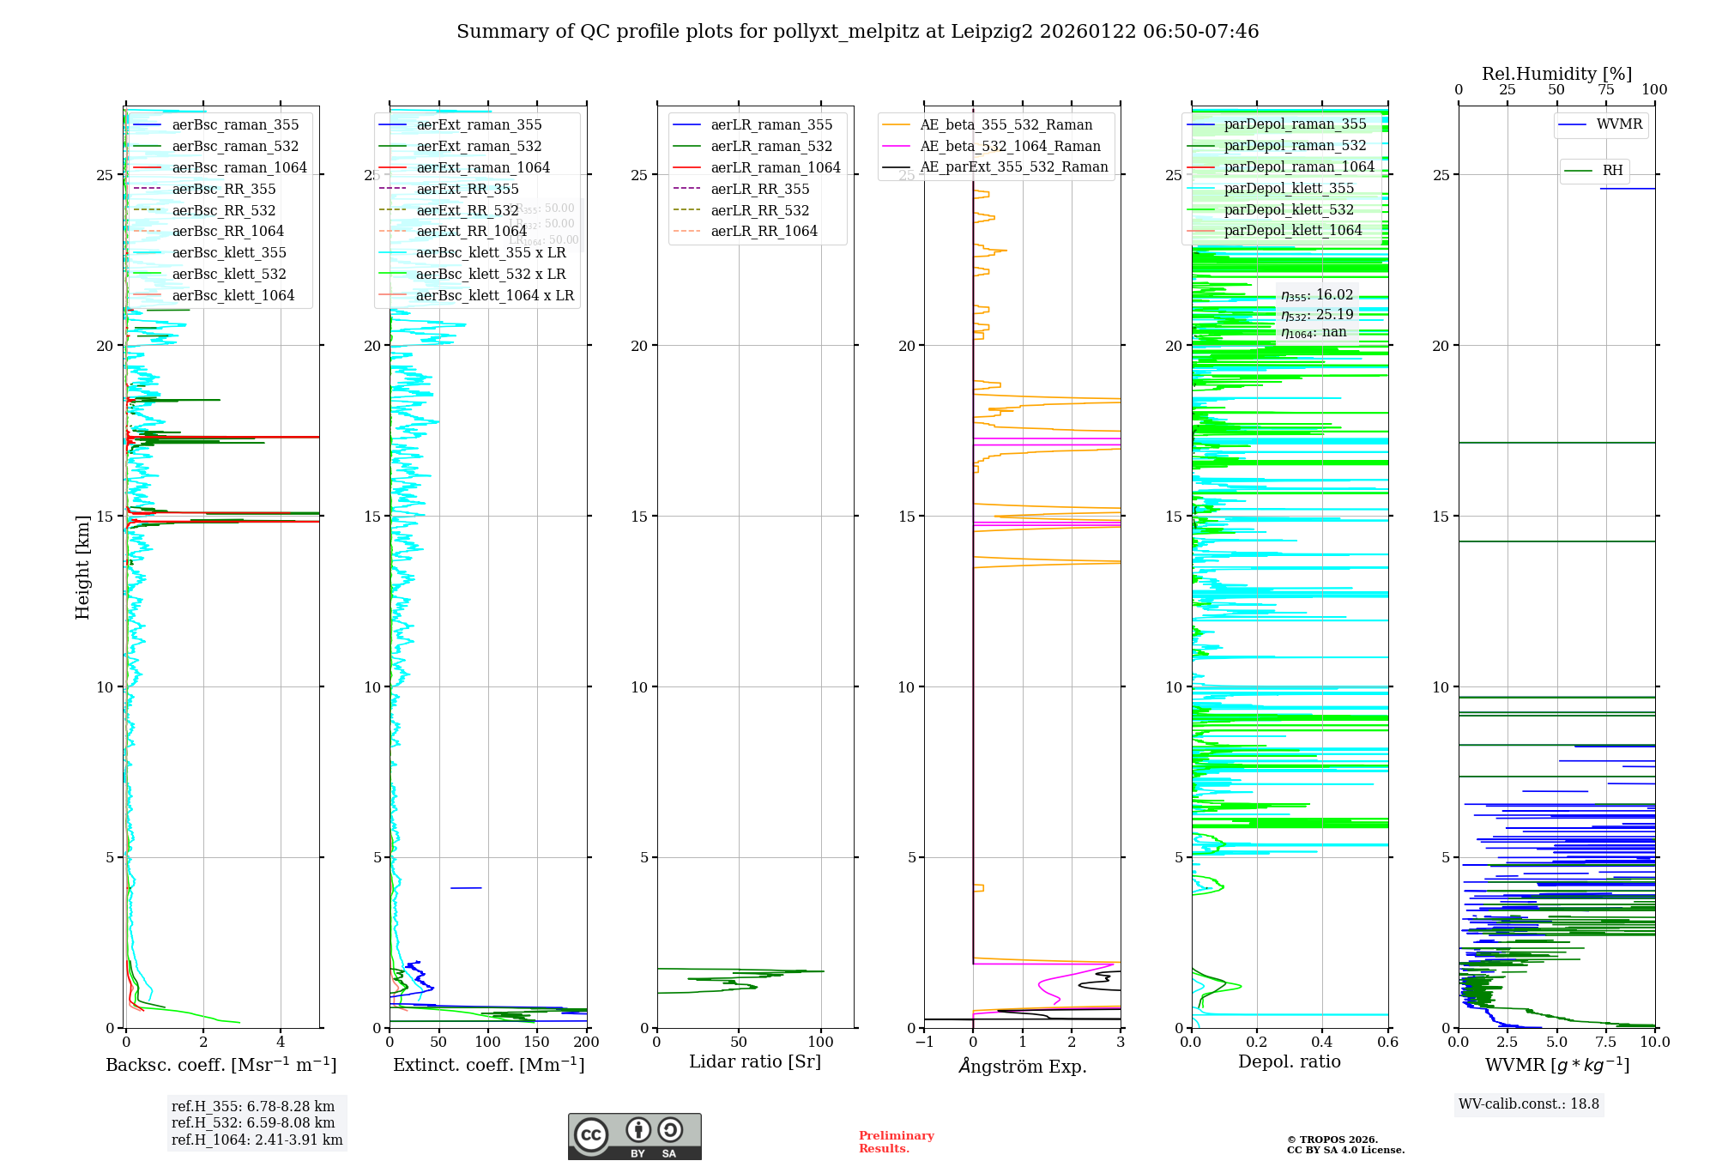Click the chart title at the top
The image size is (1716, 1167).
click(857, 32)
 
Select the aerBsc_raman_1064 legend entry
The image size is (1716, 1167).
click(239, 167)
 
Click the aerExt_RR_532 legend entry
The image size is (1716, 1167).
click(467, 210)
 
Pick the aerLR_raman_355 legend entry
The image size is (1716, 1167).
click(770, 125)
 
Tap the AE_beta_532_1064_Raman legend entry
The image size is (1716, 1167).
click(1010, 146)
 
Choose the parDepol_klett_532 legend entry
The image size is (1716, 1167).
click(1289, 209)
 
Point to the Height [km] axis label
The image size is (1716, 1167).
click(82, 567)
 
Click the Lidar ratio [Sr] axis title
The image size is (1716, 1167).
click(755, 1061)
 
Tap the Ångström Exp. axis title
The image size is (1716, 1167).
click(1022, 1066)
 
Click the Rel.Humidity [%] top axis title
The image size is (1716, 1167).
click(1556, 74)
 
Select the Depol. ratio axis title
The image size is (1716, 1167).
click(1289, 1061)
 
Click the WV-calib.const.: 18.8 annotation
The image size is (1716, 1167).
click(1529, 1104)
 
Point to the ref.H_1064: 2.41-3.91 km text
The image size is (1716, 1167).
click(257, 1140)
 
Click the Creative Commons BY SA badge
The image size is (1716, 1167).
click(634, 1136)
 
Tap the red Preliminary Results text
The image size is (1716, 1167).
click(896, 1141)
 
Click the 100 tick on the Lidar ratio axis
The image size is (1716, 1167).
click(821, 1042)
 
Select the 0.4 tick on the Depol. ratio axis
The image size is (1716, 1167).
click(1322, 1042)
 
